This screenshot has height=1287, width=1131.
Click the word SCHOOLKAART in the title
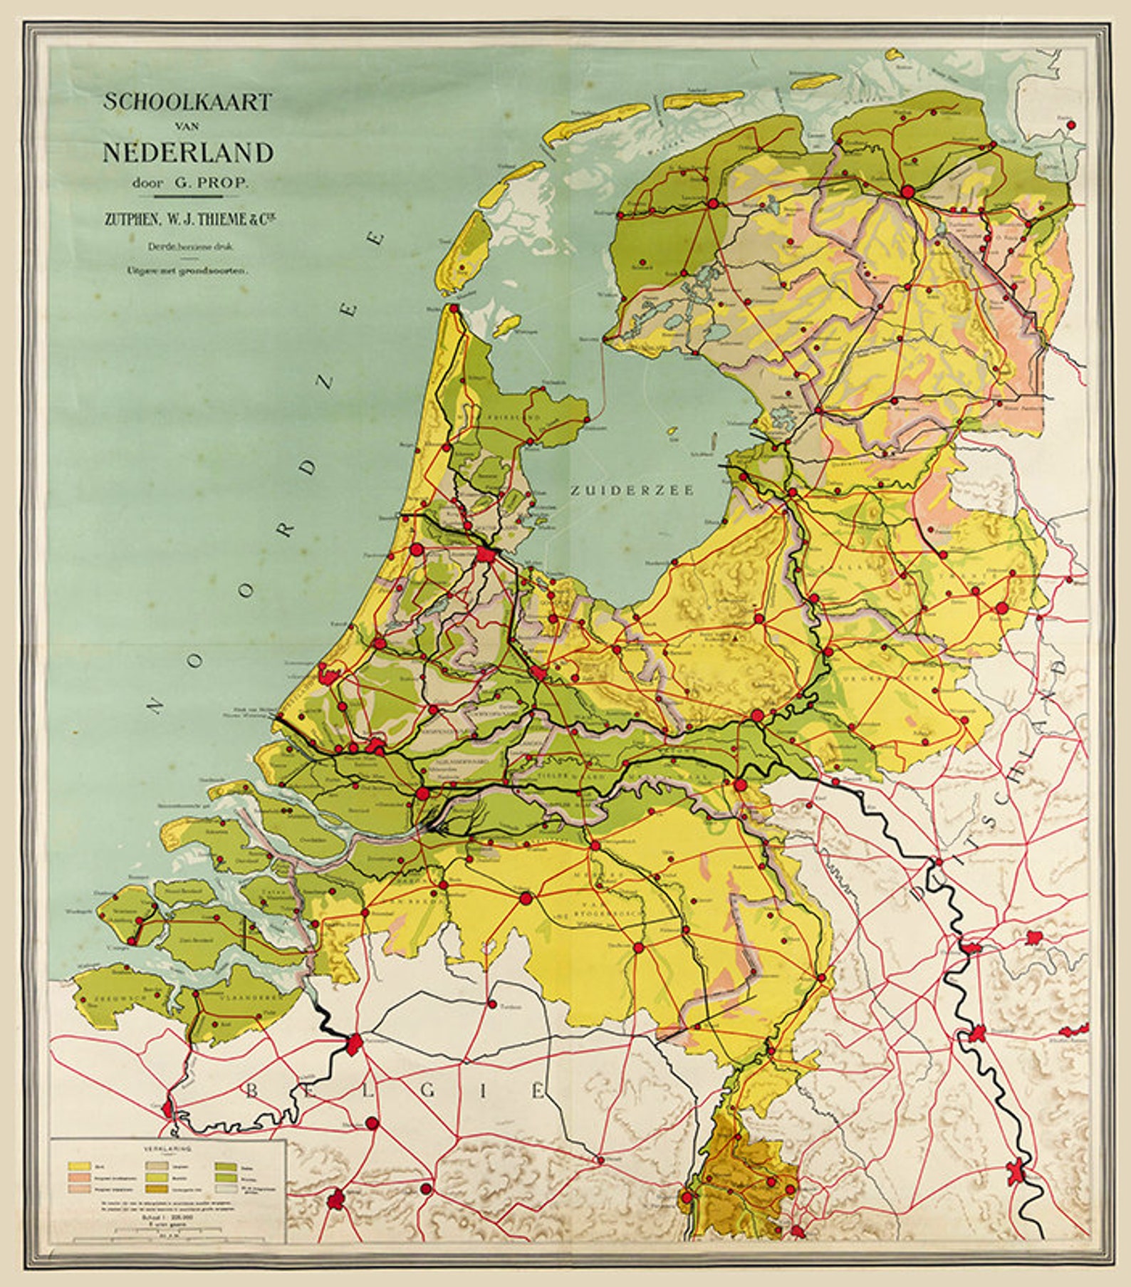(188, 102)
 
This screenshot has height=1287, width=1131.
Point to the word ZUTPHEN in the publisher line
(127, 220)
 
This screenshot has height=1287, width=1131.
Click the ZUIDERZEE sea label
(632, 490)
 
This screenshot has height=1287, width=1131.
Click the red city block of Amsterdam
(486, 554)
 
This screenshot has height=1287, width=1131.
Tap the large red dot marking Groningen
(907, 192)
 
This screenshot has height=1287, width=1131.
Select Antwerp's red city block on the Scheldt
(353, 1044)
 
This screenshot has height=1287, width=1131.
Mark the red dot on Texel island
(463, 269)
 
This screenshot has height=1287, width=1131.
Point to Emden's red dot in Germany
(1071, 125)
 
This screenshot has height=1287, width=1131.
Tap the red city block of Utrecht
(540, 674)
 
